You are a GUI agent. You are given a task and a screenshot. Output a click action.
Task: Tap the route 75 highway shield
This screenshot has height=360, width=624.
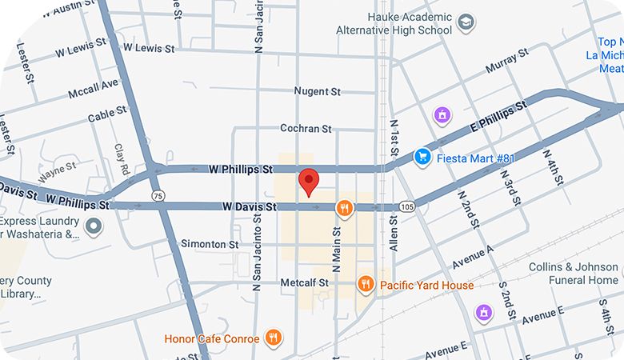[x=158, y=195]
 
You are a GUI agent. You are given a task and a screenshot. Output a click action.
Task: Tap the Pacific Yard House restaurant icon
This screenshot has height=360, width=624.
[x=366, y=284]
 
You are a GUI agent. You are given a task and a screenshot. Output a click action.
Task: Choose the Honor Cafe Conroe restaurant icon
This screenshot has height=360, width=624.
[x=273, y=338]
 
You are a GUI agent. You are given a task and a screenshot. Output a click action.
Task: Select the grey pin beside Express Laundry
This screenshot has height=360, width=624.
[x=94, y=226]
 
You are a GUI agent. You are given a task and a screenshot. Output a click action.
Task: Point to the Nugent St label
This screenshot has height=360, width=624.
[x=318, y=91]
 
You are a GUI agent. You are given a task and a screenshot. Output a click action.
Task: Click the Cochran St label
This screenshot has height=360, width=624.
[x=306, y=128]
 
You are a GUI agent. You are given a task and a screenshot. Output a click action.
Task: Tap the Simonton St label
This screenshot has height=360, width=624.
[x=210, y=243]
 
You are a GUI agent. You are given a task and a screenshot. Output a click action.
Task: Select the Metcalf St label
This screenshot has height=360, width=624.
[x=305, y=283]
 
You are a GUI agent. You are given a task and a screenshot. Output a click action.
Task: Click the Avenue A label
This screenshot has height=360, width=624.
[x=474, y=257]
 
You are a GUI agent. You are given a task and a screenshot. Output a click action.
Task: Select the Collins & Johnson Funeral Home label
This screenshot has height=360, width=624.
[x=573, y=274]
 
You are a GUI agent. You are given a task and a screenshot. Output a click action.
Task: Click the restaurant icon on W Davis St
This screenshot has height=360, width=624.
[x=345, y=208]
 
